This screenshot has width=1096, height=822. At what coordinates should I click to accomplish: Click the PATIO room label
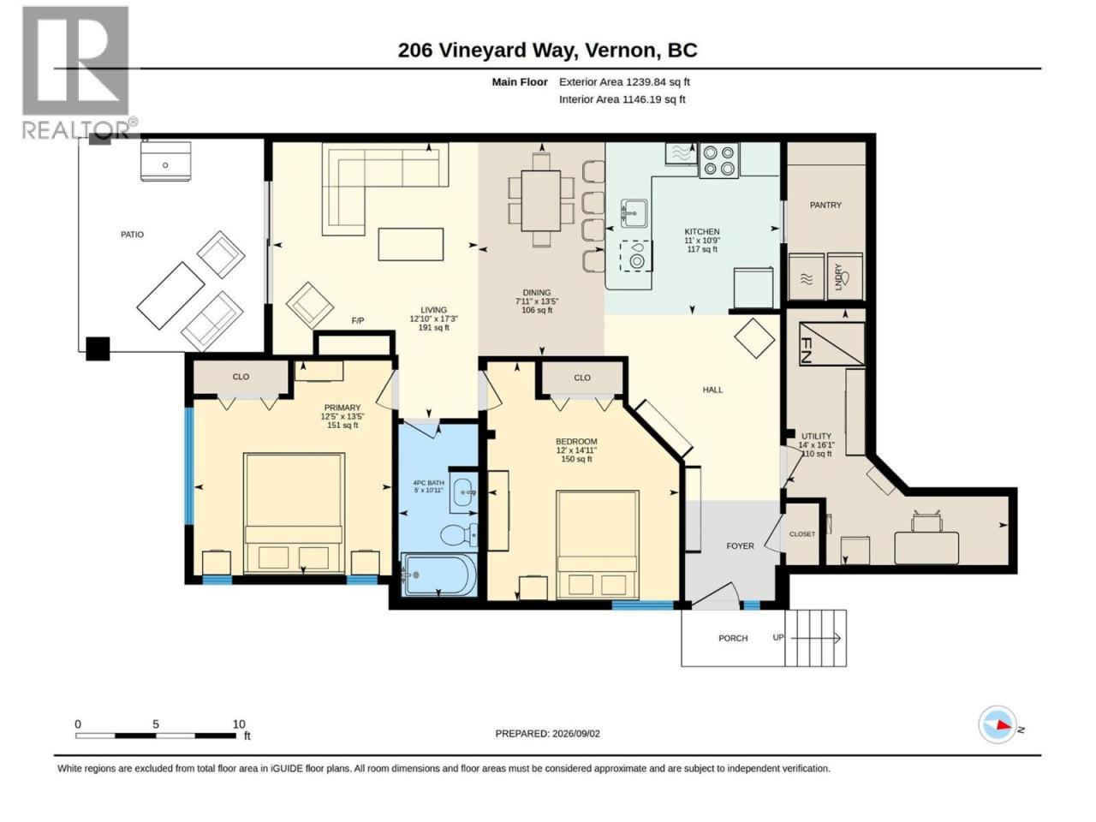pos(132,234)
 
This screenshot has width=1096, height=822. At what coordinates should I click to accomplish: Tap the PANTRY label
pos(825,205)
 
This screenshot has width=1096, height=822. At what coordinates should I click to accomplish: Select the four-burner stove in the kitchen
pos(718,160)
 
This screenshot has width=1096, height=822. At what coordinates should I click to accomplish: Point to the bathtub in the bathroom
pos(438,574)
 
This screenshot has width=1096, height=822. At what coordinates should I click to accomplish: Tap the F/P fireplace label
pos(358,320)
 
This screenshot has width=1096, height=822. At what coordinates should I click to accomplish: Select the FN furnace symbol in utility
pos(831,343)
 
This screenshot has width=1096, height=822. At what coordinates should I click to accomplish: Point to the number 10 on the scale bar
pos(239,724)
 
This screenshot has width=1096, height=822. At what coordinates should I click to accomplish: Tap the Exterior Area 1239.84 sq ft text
pos(624,82)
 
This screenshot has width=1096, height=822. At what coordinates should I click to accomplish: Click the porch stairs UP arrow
pos(815,638)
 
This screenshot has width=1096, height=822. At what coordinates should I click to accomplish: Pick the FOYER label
pos(740,546)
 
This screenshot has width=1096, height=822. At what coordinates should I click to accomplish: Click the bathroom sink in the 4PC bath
pos(463,492)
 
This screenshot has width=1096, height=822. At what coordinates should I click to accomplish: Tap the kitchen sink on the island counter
pos(634,213)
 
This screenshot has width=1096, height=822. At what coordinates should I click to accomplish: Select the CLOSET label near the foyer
pos(802,534)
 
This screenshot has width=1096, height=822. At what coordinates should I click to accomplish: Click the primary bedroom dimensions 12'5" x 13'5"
pos(342,416)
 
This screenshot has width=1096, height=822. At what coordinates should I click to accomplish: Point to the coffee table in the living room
pos(410,244)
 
